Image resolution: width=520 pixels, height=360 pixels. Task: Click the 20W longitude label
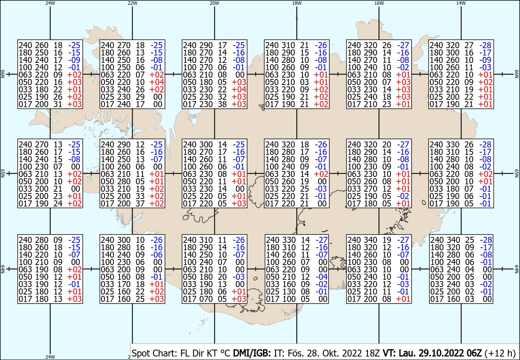214,3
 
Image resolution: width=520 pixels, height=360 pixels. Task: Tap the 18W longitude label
297,3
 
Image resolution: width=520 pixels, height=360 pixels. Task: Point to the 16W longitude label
379,3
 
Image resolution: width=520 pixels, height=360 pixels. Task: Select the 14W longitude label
461,3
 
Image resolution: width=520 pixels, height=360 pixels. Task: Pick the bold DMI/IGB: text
252,353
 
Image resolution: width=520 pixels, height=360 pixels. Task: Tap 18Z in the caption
372,353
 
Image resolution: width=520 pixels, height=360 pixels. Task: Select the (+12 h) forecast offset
500,353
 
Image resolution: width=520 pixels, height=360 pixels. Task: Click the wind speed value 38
222,105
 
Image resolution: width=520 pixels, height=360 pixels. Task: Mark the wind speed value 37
140,204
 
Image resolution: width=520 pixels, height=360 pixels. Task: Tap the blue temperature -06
157,255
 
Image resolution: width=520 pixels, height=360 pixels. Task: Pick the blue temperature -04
322,277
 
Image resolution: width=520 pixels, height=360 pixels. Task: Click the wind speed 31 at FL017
58,105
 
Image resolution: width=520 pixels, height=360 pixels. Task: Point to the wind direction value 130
289,292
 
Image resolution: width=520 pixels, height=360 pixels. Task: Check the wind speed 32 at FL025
222,97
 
